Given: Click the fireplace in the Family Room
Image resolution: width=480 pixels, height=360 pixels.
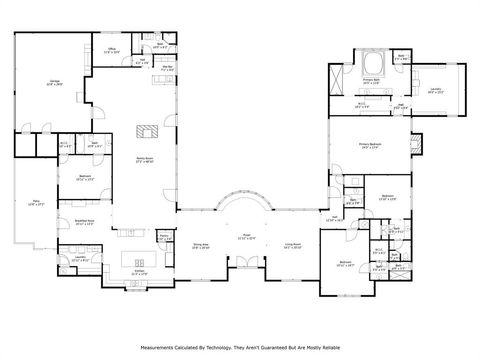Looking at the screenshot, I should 148,129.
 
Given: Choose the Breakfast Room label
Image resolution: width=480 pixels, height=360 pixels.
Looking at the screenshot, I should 85,222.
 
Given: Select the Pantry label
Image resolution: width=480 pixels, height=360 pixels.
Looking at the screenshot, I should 163,236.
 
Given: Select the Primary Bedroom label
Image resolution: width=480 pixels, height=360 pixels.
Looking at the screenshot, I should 371,146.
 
